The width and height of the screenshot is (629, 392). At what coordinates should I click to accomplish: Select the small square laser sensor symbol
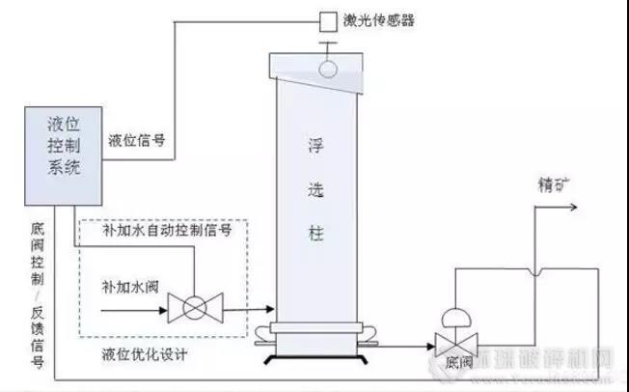tap(328, 18)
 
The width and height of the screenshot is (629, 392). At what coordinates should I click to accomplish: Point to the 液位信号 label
tap(137, 139)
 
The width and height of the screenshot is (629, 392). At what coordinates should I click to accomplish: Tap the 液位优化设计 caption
tap(145, 354)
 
